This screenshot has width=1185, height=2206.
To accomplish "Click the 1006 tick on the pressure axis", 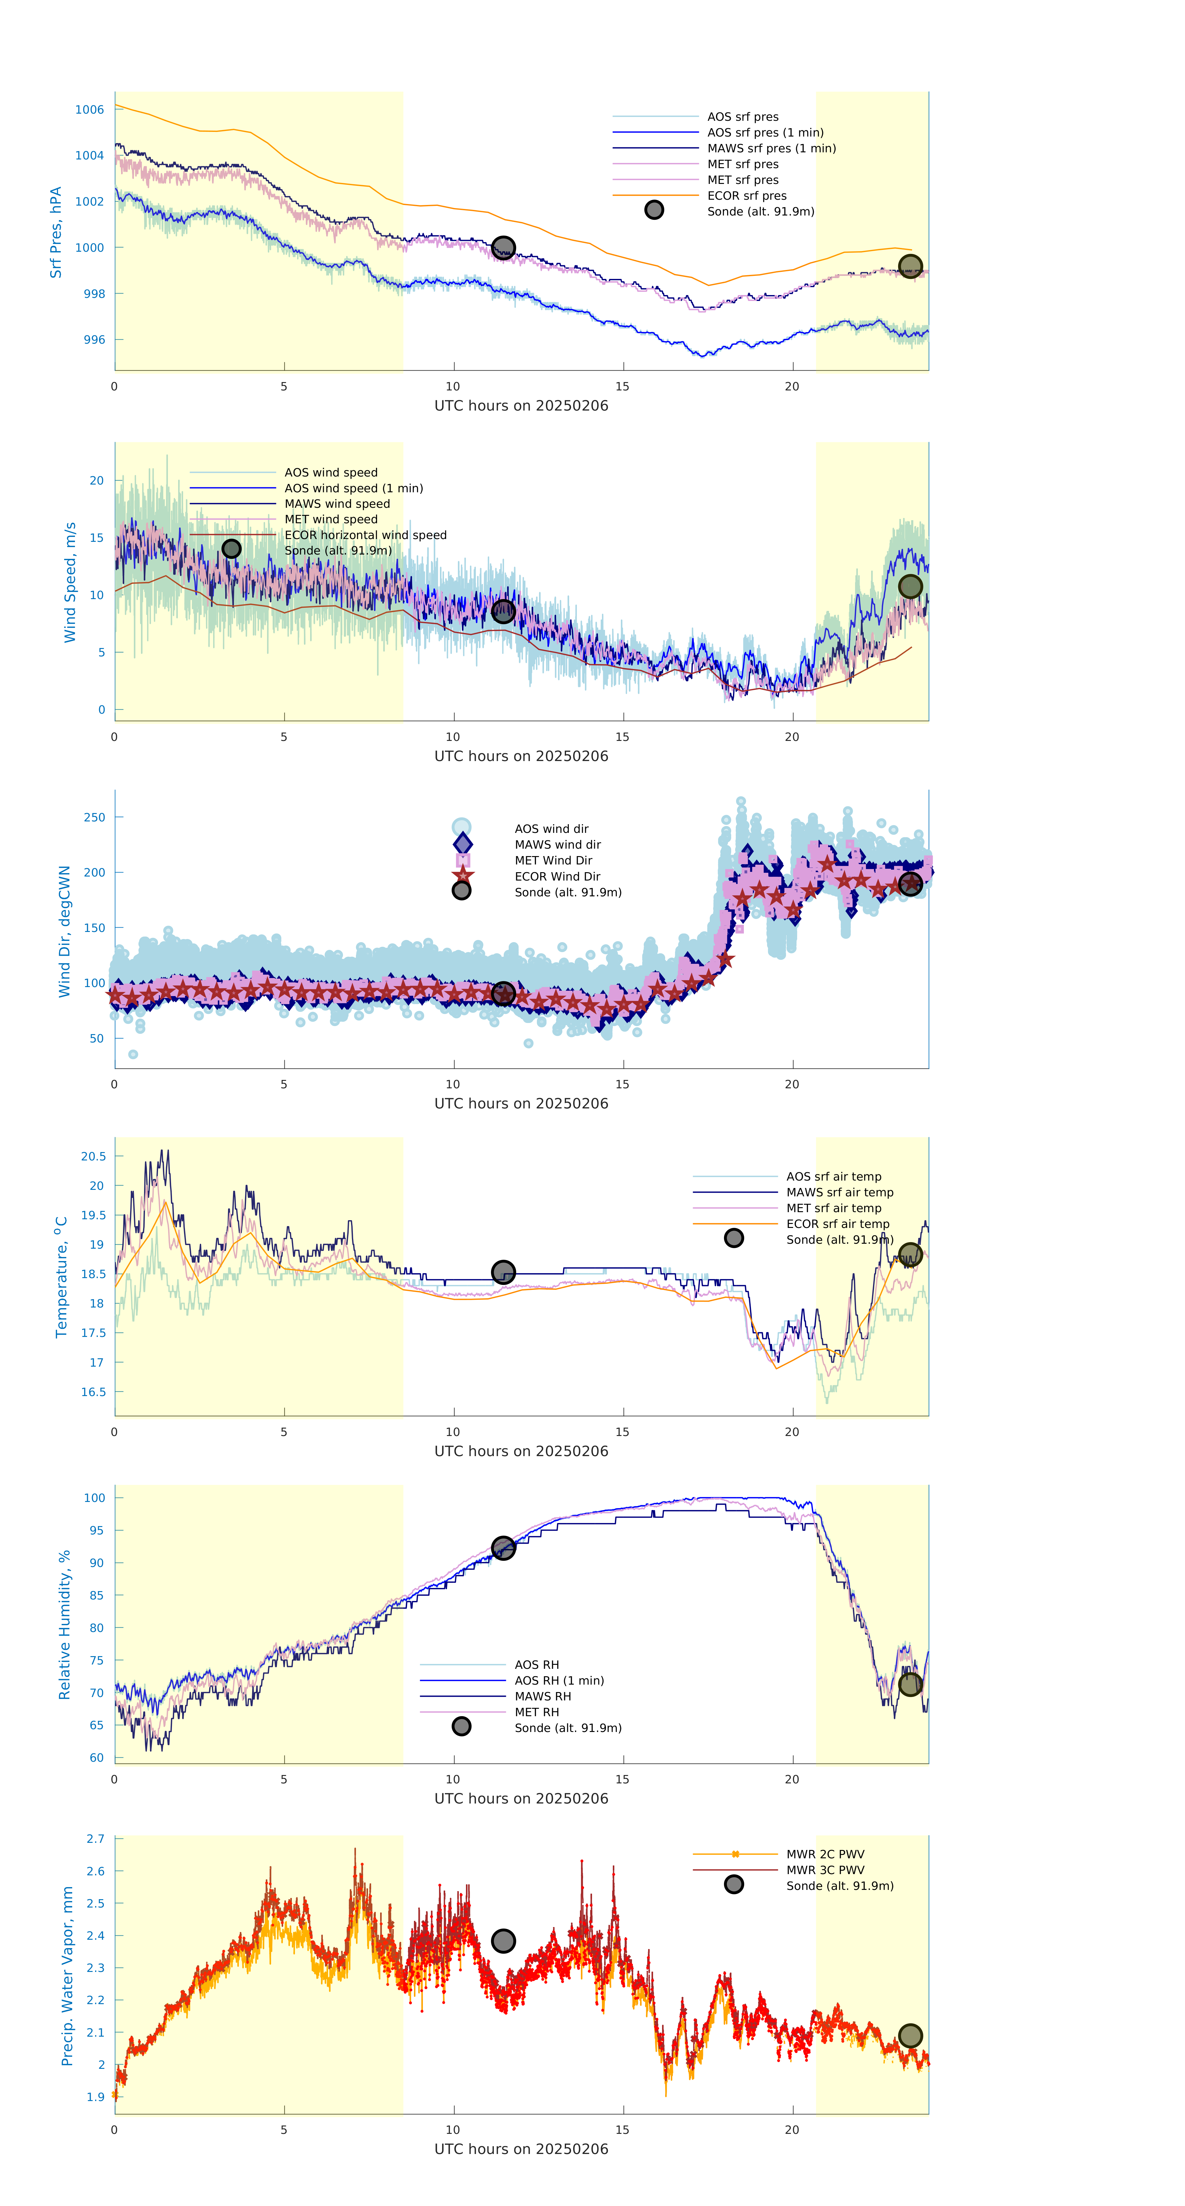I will tap(89, 110).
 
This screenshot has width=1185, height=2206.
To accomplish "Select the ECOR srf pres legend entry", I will tap(746, 195).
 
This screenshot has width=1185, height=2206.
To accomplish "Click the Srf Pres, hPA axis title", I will tap(56, 232).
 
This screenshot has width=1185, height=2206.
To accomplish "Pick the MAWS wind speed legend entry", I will tap(337, 503).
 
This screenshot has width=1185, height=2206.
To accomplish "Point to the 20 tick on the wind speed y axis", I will tap(97, 481).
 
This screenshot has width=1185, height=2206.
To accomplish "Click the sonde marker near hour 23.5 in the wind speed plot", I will tap(910, 587).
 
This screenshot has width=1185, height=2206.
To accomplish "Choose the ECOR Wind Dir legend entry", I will tap(557, 876).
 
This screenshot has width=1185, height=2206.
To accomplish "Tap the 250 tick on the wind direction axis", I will tap(94, 817).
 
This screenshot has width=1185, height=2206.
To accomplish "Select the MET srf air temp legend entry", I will tap(833, 1207).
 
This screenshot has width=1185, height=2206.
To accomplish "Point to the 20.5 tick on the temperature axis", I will tap(93, 1156).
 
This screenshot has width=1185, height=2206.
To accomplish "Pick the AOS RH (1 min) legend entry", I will tap(559, 1680).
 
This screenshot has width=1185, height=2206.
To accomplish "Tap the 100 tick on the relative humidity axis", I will tap(94, 1498).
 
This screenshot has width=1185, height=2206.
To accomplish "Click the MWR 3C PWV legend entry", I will tap(825, 1869).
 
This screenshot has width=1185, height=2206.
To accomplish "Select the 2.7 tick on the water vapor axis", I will tap(95, 1838).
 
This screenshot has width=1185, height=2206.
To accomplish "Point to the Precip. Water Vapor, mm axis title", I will tap(67, 1976).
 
